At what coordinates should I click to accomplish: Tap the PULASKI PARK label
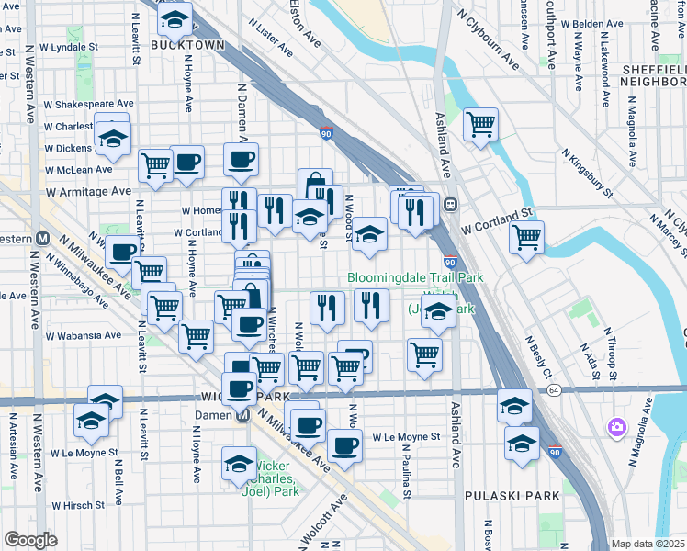point(506,497)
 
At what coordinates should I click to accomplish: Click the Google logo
point(30,540)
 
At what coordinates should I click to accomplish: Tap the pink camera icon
point(616,427)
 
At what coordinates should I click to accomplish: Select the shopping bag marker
point(314,182)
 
